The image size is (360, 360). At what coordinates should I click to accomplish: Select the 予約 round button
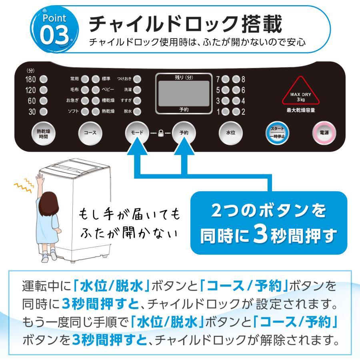point(184,132)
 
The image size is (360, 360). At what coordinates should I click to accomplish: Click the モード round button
point(137,132)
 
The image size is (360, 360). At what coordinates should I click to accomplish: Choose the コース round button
point(89,132)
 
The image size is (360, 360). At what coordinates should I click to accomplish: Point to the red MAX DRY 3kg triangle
point(306,92)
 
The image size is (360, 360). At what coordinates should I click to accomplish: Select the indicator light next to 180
point(44,79)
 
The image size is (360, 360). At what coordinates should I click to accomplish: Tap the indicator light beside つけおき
point(137,79)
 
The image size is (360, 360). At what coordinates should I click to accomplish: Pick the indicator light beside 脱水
point(137,111)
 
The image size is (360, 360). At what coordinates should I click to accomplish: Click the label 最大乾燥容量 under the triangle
point(306,110)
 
